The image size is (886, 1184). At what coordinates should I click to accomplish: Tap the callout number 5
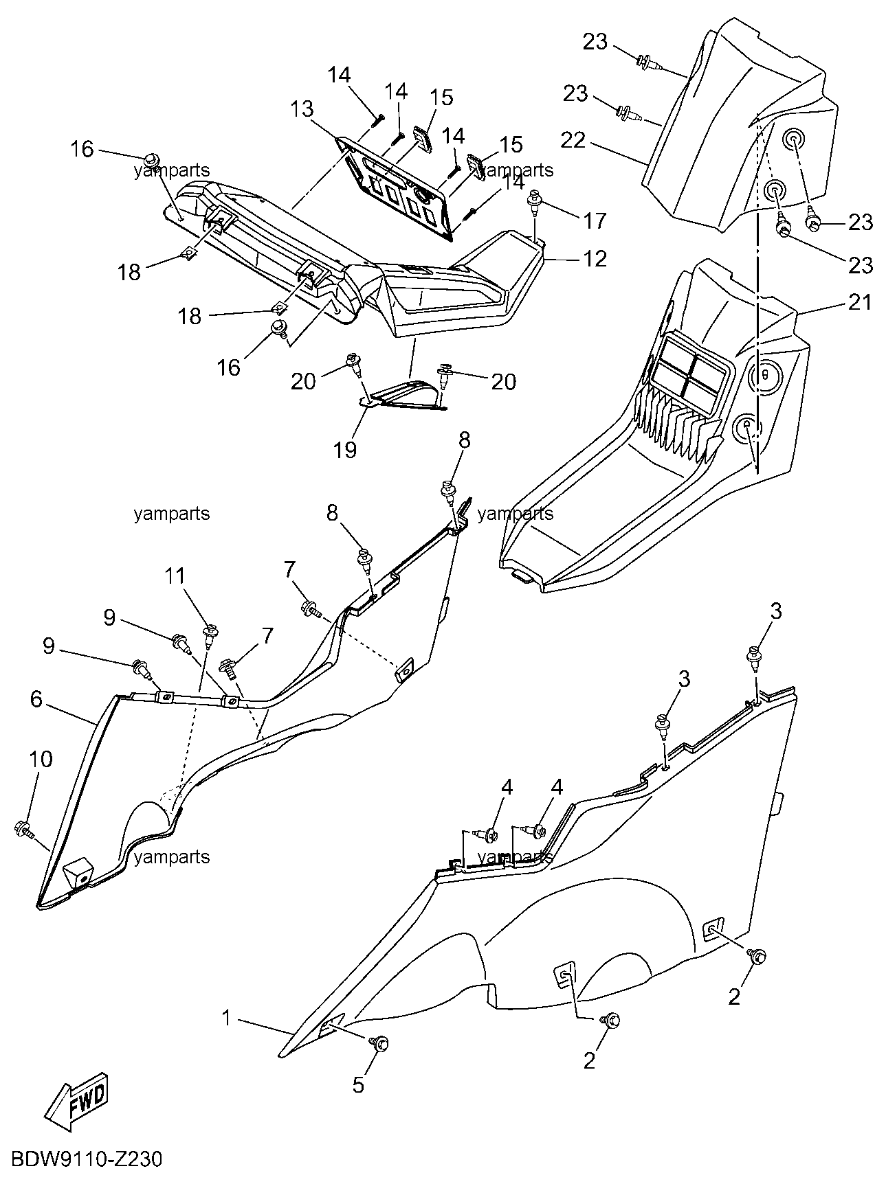358,1084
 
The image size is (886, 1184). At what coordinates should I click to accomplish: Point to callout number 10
41,759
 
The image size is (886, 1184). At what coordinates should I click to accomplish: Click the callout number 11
175,576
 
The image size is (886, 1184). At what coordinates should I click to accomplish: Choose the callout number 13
302,109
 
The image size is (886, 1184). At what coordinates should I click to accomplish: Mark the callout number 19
346,449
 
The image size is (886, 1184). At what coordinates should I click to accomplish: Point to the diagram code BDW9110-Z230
86,1159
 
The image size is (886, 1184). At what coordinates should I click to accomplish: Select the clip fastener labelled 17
533,201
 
